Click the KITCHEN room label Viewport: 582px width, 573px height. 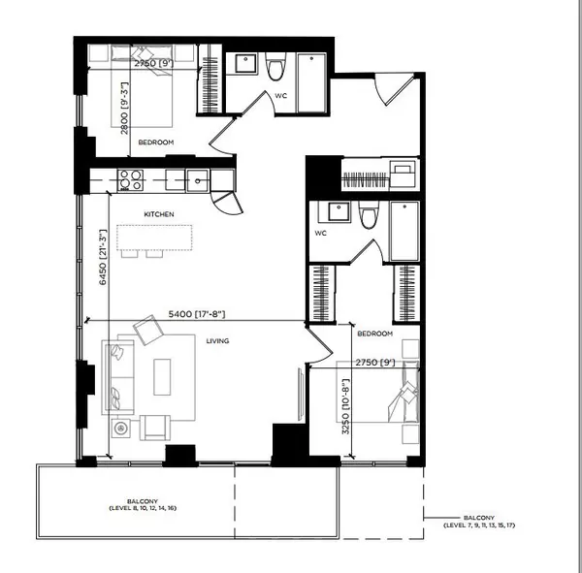click(x=158, y=213)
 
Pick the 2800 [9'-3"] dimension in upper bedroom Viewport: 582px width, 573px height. click(x=125, y=111)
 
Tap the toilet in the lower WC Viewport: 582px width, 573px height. click(x=368, y=217)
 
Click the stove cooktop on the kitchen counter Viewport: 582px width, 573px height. click(x=130, y=179)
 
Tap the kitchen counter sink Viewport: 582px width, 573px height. click(x=198, y=179)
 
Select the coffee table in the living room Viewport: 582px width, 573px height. click(x=161, y=377)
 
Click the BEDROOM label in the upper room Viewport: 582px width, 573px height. click(x=155, y=143)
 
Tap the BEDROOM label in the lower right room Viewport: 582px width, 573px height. click(x=374, y=334)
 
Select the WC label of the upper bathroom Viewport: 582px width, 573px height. click(x=281, y=95)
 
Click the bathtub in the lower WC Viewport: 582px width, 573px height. click(x=404, y=231)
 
